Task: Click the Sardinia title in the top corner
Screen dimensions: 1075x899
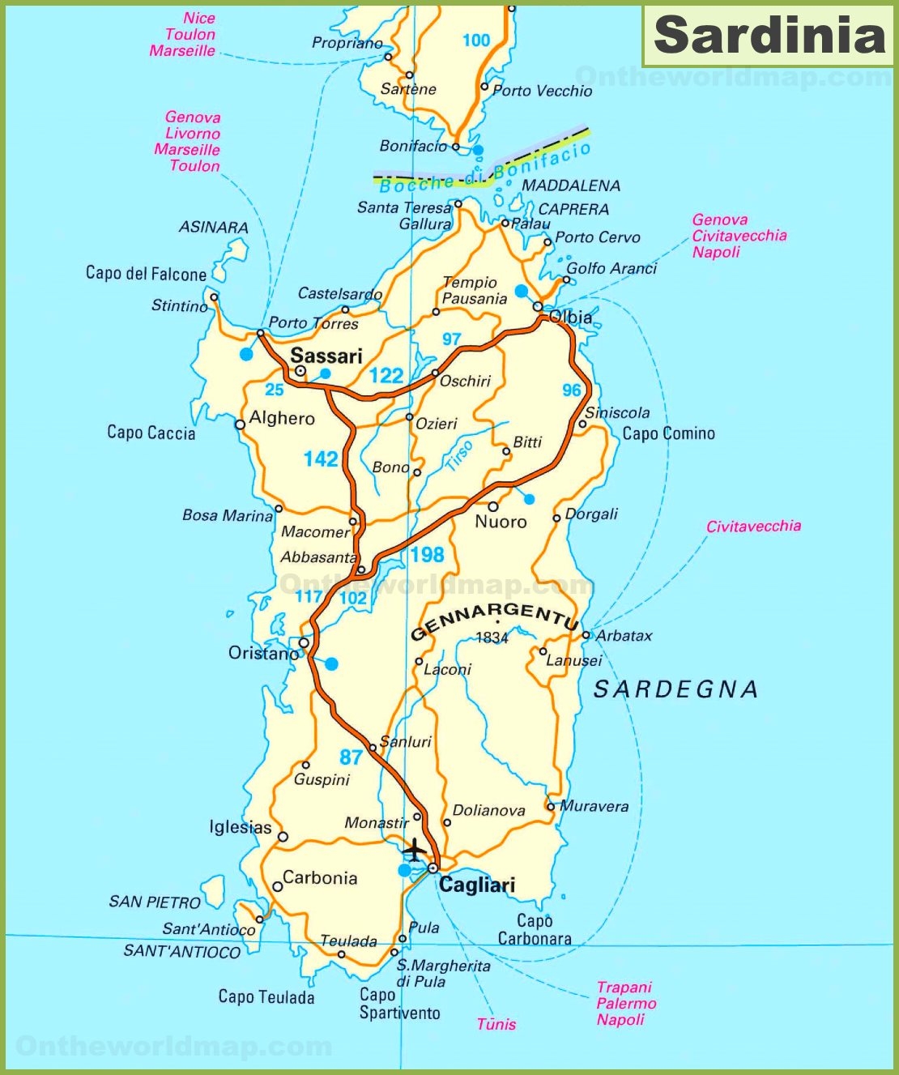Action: [769, 36]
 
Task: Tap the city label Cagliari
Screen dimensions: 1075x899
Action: [477, 885]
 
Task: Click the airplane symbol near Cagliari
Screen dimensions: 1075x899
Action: [415, 850]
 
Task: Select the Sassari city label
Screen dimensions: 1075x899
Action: [326, 356]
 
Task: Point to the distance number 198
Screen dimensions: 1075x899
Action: [427, 555]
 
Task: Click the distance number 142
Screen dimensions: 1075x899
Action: [321, 459]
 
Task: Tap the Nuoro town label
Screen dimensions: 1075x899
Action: [501, 522]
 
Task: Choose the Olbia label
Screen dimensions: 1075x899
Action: [570, 317]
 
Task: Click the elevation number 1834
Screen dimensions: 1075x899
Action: [492, 638]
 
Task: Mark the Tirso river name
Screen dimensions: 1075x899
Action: [459, 457]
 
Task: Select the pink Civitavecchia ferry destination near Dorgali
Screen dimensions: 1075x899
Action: [753, 527]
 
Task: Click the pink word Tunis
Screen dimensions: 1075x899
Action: [496, 1024]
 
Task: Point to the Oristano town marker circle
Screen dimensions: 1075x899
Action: [304, 642]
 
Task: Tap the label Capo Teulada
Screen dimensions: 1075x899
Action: [266, 997]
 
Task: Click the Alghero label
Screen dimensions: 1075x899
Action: [282, 419]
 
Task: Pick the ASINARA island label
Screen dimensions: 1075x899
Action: [213, 228]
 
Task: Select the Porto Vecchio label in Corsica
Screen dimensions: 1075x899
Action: [542, 91]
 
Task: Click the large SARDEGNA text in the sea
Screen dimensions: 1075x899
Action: [676, 689]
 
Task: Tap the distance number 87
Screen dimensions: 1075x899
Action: [351, 757]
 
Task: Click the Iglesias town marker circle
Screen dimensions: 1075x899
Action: [283, 837]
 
